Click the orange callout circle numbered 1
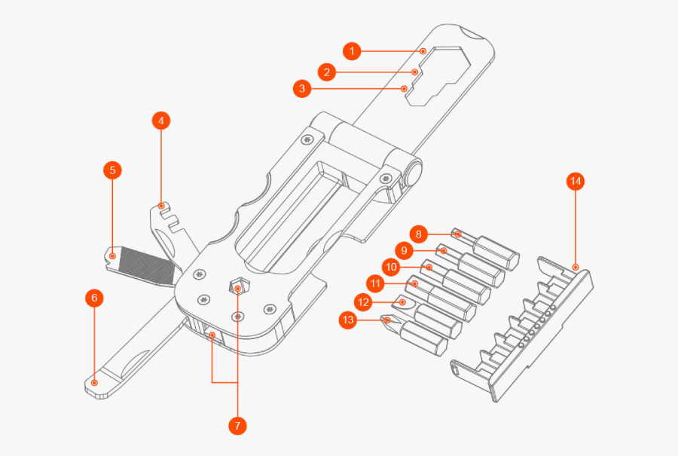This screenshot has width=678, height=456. click(x=352, y=51)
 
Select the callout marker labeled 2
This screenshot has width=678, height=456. click(x=326, y=72)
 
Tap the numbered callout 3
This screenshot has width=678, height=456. click(x=302, y=89)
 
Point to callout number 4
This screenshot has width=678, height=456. click(x=160, y=120)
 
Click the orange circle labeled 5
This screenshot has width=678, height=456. click(x=112, y=170)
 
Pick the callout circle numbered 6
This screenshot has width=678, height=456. click(x=94, y=298)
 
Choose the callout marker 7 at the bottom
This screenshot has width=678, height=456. click(x=237, y=426)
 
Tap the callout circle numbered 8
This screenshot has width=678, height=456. click(x=420, y=234)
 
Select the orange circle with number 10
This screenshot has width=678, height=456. click(x=390, y=267)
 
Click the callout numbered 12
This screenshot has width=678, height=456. click(x=363, y=301)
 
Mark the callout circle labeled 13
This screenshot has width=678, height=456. click(x=347, y=320)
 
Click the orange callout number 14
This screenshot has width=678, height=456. click(x=576, y=181)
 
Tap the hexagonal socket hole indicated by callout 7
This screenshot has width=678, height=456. click(x=237, y=288)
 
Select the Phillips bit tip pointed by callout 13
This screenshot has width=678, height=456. click(x=388, y=320)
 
